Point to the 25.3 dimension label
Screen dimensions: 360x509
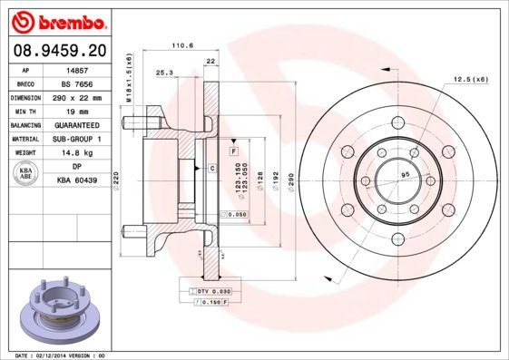pyautogui.click(x=165, y=72)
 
